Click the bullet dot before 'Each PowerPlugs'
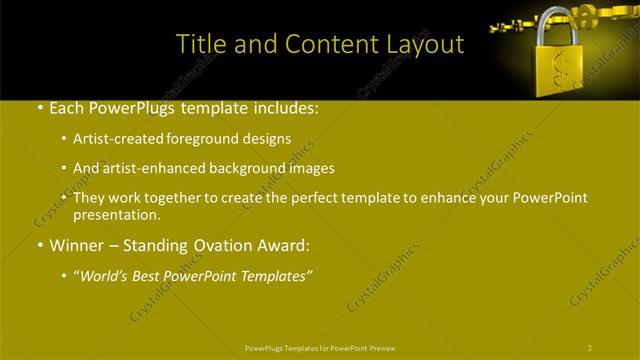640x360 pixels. [x=38, y=107]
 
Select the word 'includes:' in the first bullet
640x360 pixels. [x=284, y=106]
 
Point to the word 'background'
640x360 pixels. [x=241, y=168]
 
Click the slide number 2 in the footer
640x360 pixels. [x=590, y=348]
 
